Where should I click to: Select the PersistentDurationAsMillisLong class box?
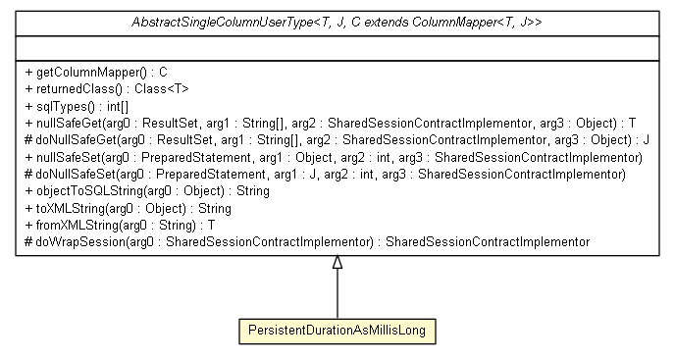point(337,332)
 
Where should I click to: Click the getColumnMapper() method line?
point(95,72)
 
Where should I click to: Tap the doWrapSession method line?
point(305,241)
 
